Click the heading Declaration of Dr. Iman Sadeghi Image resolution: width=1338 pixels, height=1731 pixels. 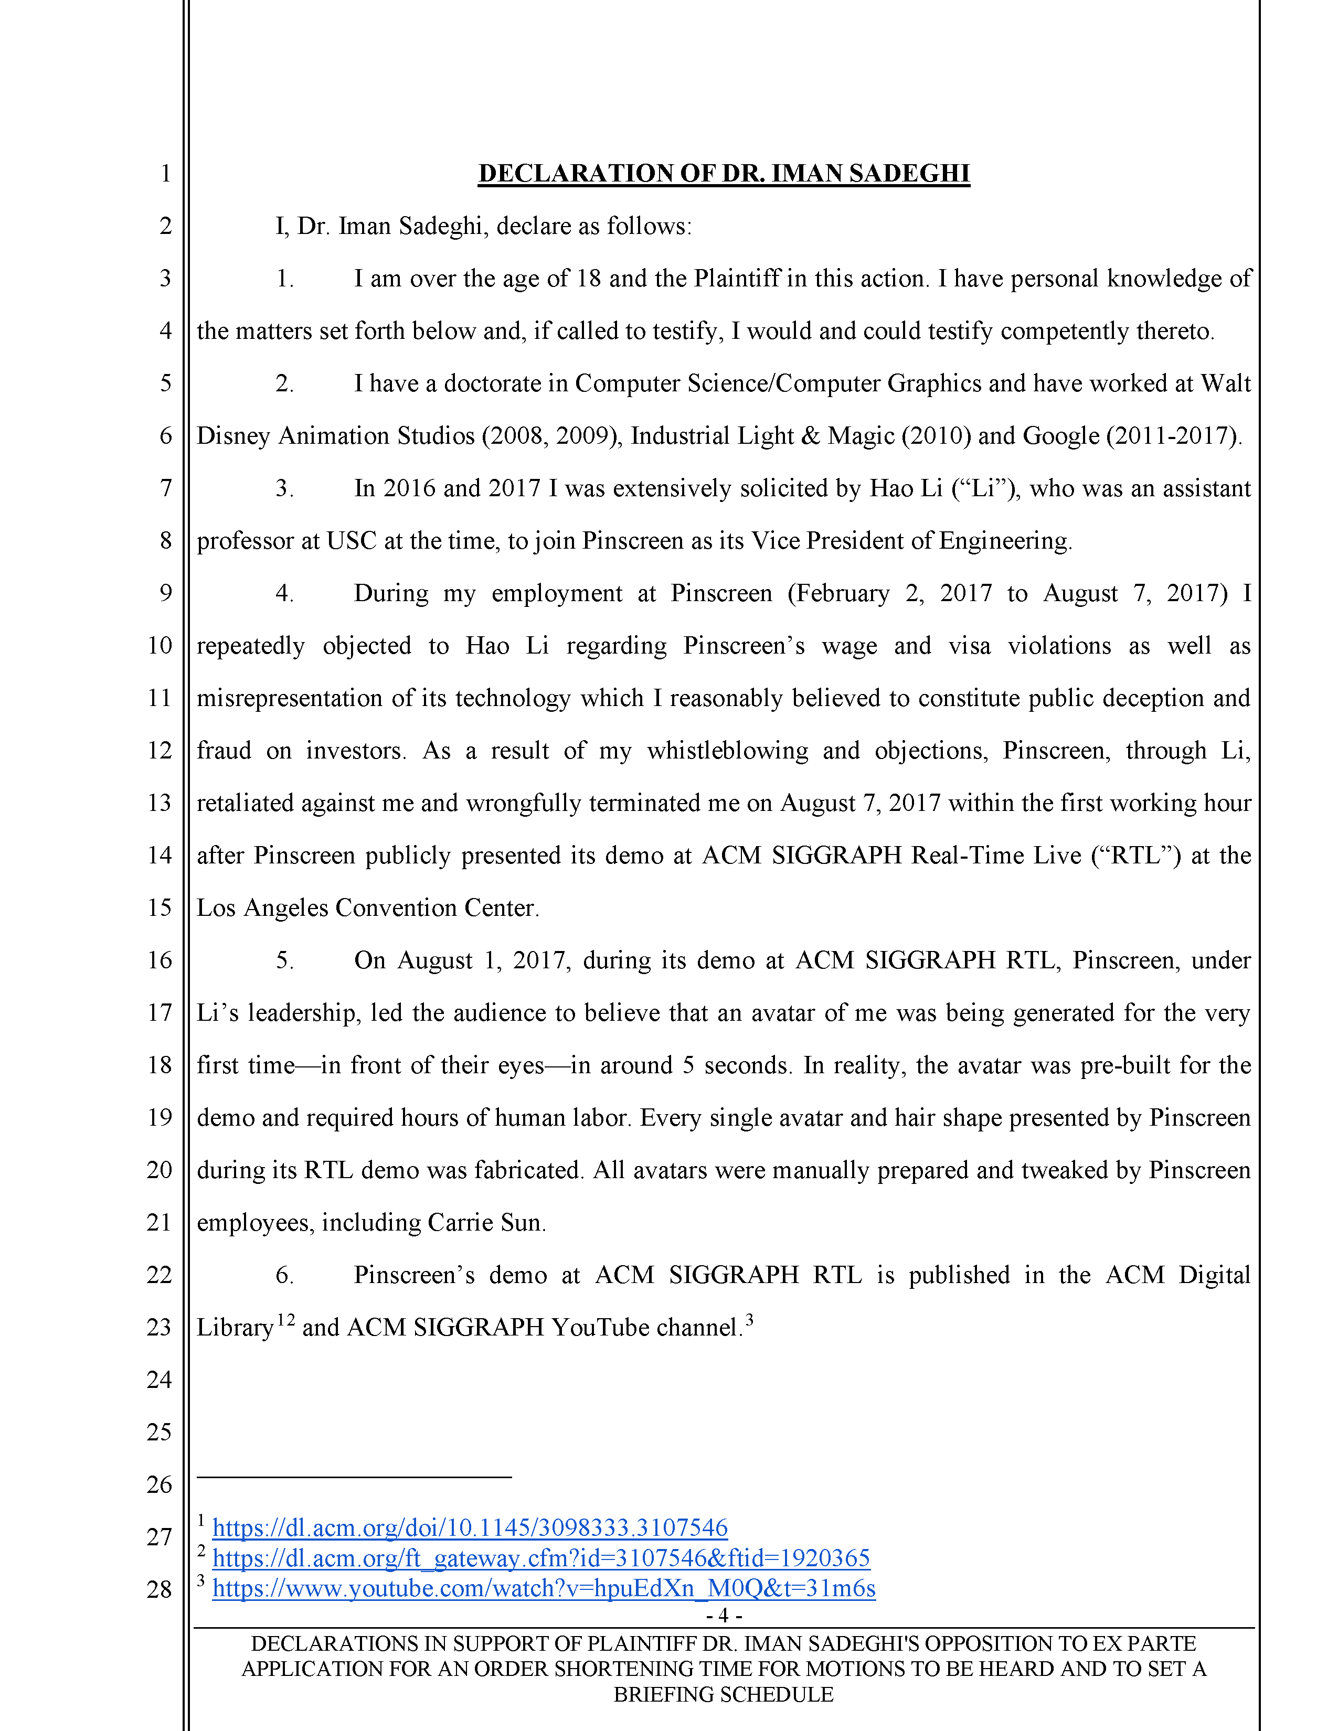[x=723, y=174]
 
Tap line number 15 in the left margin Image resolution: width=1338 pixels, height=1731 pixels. [x=160, y=907]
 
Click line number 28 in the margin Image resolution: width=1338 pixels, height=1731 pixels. [x=160, y=1589]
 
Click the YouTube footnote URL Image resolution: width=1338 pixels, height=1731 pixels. [x=544, y=1588]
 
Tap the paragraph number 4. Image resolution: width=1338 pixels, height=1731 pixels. [x=284, y=593]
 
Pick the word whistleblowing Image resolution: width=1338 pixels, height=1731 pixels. [x=727, y=751]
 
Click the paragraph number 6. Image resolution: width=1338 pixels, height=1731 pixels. [x=284, y=1275]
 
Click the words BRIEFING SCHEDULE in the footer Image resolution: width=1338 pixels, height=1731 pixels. [x=723, y=1694]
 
